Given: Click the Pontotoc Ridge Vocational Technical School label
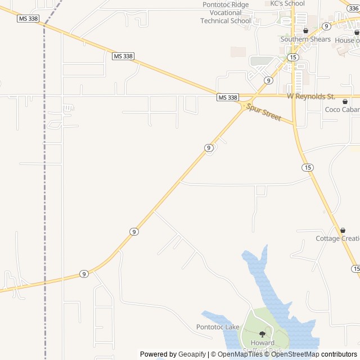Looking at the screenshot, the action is [x=226, y=12].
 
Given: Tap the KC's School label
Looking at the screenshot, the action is [x=287, y=3].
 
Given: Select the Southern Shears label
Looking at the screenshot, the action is [x=305, y=39].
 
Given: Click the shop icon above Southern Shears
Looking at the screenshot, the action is [x=305, y=31].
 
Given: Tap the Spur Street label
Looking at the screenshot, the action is [x=264, y=112].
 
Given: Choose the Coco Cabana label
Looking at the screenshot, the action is [x=342, y=110].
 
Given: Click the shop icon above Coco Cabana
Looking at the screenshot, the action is [x=345, y=101].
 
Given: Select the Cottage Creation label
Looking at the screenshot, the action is [x=337, y=238].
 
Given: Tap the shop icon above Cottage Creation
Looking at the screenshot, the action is [x=342, y=231].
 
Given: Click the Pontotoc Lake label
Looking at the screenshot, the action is [x=218, y=327].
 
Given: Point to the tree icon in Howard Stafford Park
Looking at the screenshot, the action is [x=262, y=334].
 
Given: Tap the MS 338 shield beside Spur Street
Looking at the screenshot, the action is [x=228, y=98].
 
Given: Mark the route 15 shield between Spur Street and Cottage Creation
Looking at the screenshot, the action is [x=307, y=168].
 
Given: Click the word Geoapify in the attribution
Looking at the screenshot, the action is [x=192, y=354].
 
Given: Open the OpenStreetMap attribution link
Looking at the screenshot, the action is [x=296, y=354].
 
